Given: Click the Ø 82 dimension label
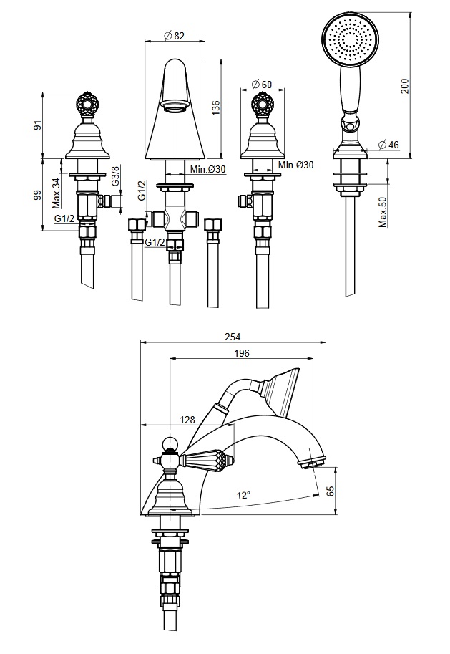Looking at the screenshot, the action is (174, 36).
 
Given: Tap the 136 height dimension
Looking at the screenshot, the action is (215, 108).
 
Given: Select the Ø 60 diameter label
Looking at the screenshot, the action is (262, 85).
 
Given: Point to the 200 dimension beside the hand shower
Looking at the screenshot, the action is (405, 86).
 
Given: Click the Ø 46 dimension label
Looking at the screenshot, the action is (388, 145).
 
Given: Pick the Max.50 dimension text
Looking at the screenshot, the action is (383, 212).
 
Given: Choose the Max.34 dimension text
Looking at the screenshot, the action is (57, 193).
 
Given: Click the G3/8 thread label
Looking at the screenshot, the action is (115, 175).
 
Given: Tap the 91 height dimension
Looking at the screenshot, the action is (37, 125).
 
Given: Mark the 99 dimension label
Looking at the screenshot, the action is (37, 195).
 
